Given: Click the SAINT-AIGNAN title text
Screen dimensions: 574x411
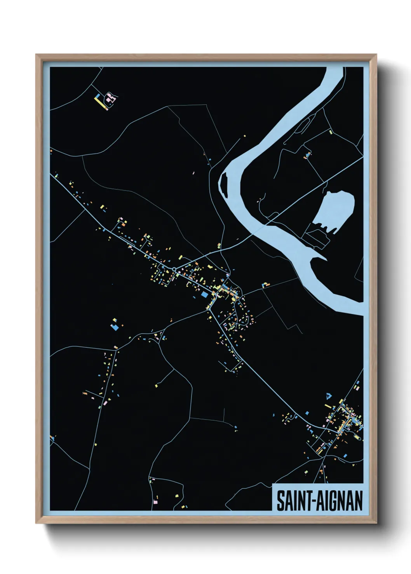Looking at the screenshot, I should click(x=319, y=501).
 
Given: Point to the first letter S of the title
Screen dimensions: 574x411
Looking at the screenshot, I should click(x=280, y=501).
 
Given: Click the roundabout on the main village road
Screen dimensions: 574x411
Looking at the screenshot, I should click(x=174, y=269).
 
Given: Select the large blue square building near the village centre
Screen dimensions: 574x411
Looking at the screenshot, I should click(x=204, y=294).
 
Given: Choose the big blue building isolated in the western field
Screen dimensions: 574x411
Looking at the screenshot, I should click(x=115, y=327).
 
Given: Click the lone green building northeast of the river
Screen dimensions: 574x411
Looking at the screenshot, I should click(x=331, y=132).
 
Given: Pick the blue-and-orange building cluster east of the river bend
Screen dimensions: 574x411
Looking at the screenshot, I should click(x=308, y=155).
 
